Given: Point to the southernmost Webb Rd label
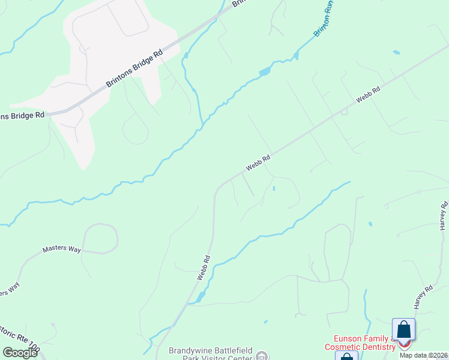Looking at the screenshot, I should pos(203,268).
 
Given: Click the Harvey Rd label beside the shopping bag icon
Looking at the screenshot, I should pos(423,297).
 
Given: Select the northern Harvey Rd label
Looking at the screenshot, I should pos(442,217).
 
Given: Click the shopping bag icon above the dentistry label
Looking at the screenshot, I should pos(403,330).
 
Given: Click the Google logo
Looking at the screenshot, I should pos(20,353).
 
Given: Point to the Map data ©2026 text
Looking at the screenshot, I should pos(424,355).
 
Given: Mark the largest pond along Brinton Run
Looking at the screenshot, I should pos(264,72).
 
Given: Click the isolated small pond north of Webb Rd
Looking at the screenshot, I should pos(396,53).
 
